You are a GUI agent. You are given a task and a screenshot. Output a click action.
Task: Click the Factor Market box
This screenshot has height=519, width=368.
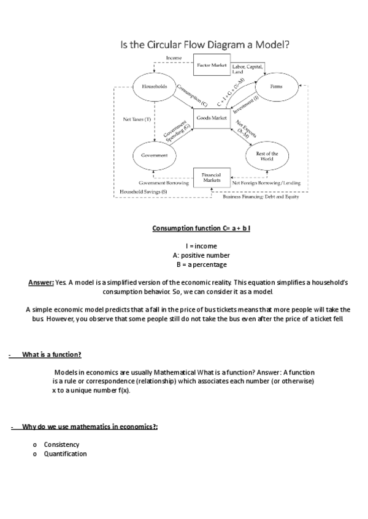click(x=212, y=65)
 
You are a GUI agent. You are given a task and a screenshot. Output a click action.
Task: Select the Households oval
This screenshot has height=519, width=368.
click(x=155, y=87)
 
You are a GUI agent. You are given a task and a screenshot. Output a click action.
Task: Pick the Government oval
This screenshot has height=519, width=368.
click(x=155, y=155)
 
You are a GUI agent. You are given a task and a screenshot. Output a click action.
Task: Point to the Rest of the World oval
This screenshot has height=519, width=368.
click(x=267, y=156)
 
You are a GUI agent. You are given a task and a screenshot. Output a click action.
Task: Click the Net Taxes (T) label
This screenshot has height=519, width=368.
click(x=137, y=119)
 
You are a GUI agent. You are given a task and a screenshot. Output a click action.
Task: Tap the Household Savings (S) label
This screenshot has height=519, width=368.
click(x=143, y=192)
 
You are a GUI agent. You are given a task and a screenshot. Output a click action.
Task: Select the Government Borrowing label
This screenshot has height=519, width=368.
click(x=164, y=183)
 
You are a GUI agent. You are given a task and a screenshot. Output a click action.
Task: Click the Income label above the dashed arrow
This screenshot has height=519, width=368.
click(x=174, y=58)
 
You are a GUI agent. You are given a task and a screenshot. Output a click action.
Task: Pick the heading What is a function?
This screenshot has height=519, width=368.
click(x=52, y=356)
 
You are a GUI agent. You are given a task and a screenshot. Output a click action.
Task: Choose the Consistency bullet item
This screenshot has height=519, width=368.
click(x=61, y=444)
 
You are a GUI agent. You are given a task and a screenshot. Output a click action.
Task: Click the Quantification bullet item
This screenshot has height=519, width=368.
click(x=65, y=454)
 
